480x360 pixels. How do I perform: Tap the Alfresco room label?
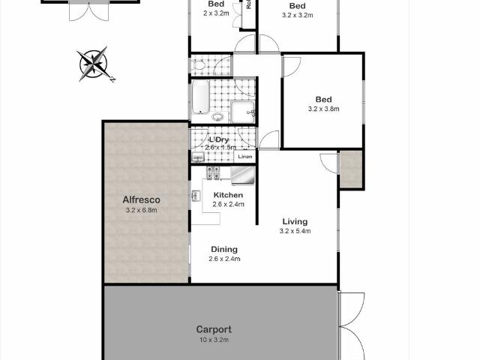[142, 199]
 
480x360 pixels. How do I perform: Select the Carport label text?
[214, 328]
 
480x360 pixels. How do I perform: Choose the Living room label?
[295, 221]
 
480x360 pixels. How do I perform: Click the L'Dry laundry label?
[218, 139]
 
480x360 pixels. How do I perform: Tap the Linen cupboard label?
[244, 157]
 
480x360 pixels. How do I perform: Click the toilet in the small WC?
[199, 65]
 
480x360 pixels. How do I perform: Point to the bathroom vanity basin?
[217, 117]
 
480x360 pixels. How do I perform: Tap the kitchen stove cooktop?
[213, 174]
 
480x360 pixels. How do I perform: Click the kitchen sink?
[196, 196]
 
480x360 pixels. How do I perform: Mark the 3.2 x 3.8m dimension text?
[323, 109]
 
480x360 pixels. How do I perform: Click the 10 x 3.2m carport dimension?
[214, 340]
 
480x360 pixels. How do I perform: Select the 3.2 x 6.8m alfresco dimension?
[142, 211]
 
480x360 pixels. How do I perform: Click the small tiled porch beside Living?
[350, 169]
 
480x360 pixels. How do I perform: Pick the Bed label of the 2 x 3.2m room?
[217, 4]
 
